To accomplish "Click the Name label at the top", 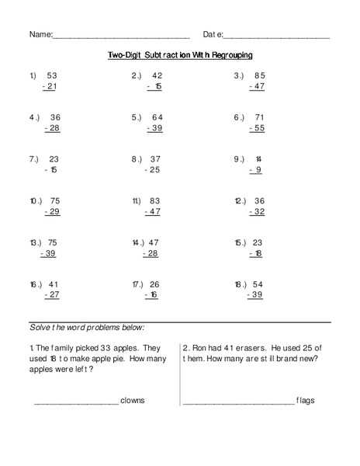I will point(40,35).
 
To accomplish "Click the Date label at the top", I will point(213,35).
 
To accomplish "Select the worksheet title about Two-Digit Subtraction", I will point(180,55).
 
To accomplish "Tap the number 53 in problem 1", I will point(53,75).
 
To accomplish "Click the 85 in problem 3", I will point(259,75).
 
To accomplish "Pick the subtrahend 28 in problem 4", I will point(53,127).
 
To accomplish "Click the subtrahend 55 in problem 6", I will point(258,127).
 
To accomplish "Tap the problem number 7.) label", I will point(34,158).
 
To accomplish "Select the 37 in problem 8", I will point(156,158).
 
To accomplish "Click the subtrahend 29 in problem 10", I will point(53,210).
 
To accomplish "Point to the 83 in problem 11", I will point(156,200).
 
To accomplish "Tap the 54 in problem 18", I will point(259,283).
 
